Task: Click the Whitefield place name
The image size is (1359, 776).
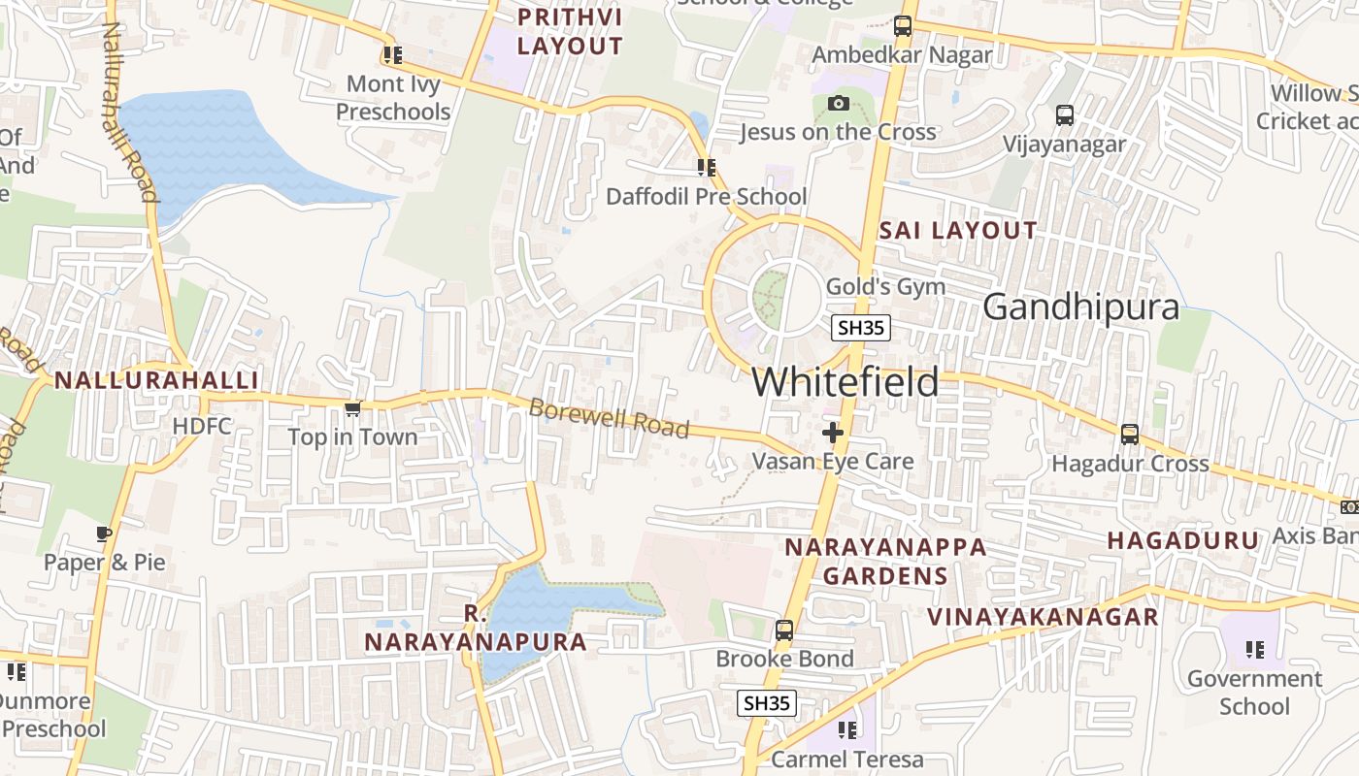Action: (x=845, y=382)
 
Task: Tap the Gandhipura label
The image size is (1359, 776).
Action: (x=1080, y=307)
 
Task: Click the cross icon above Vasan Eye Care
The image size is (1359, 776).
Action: (x=833, y=433)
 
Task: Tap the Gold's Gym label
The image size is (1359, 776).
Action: (x=884, y=286)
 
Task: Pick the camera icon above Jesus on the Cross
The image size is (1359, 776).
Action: (x=838, y=104)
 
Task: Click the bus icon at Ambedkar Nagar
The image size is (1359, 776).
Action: (x=903, y=26)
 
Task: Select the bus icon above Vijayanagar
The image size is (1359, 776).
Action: (x=1065, y=115)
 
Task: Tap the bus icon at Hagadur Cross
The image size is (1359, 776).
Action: (x=1130, y=435)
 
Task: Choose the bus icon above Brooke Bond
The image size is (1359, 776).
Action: (x=784, y=630)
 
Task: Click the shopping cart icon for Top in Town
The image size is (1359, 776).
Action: (x=353, y=409)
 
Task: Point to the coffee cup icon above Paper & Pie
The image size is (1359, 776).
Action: (x=105, y=533)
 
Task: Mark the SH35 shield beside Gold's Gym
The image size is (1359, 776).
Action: (x=861, y=328)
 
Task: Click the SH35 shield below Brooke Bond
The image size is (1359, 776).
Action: (x=767, y=703)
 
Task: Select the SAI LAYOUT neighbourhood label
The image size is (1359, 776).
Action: (x=957, y=231)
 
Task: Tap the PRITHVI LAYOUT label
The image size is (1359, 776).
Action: (x=569, y=31)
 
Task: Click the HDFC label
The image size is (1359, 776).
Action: (x=201, y=426)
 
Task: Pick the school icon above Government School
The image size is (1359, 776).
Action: (x=1254, y=650)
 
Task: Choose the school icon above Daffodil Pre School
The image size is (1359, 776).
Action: (x=706, y=168)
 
